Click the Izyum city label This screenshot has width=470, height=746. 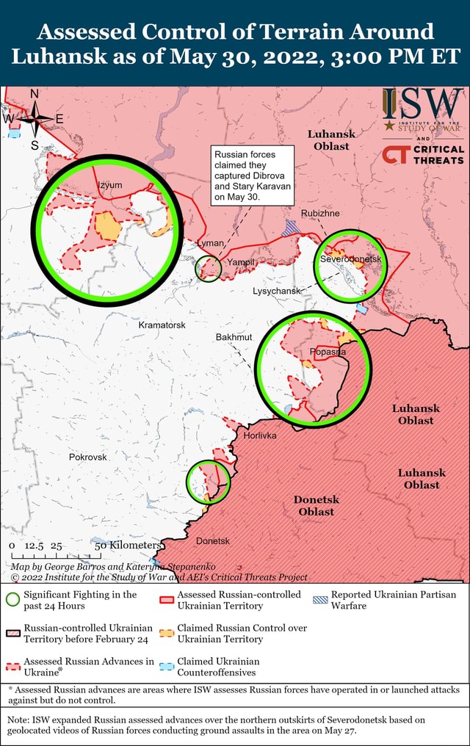click(110, 184)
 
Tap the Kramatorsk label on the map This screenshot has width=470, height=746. click(162, 325)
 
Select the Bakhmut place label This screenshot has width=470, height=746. click(234, 337)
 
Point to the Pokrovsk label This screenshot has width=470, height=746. click(88, 457)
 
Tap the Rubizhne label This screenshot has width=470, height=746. click(320, 214)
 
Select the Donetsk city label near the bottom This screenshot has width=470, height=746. click(213, 541)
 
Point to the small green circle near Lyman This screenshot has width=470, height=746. click(208, 269)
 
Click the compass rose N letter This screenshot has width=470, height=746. click(33, 93)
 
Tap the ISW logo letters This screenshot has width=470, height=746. click(423, 105)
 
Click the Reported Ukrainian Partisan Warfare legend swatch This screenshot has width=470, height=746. click(319, 600)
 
